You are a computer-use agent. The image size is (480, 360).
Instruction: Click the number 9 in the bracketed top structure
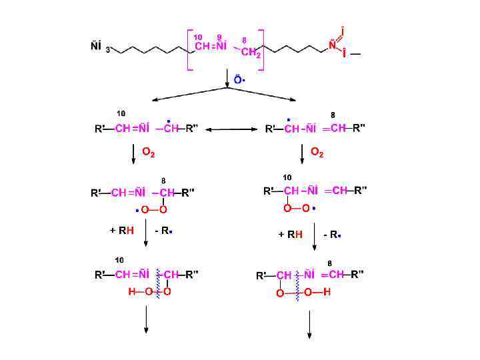219,37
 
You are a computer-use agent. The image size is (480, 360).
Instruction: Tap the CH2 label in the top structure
251,53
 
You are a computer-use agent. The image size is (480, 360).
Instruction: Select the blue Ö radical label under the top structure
237,79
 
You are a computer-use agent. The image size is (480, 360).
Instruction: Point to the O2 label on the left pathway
149,153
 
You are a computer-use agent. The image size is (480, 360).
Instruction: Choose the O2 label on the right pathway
317,153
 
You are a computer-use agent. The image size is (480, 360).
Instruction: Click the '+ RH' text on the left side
122,231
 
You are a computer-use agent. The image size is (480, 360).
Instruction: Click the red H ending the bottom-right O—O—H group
327,292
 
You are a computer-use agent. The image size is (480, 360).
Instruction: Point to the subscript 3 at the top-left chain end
108,50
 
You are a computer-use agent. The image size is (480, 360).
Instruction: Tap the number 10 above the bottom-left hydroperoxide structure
120,259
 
